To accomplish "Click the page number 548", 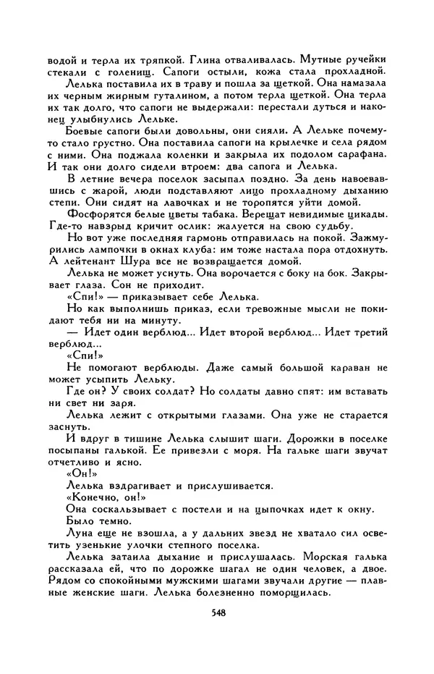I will (x=216, y=631).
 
